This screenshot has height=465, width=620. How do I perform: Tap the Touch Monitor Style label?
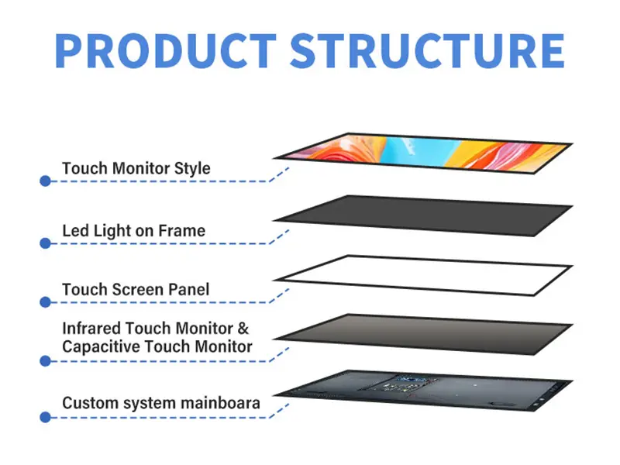136,167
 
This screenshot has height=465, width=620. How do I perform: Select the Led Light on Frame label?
133,230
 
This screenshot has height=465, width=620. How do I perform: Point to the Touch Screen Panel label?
136,290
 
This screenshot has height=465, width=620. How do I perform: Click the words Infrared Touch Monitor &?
156,328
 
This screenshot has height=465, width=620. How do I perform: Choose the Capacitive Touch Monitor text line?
157,346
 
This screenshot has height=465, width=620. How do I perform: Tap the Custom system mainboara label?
161,403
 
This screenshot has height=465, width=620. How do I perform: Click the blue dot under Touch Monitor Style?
45,181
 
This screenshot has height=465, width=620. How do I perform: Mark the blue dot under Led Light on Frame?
45,243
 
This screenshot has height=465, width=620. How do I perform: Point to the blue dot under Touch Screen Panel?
45,303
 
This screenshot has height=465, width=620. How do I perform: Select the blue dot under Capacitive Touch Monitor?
45,360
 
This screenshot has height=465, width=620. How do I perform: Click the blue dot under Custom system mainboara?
45,417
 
